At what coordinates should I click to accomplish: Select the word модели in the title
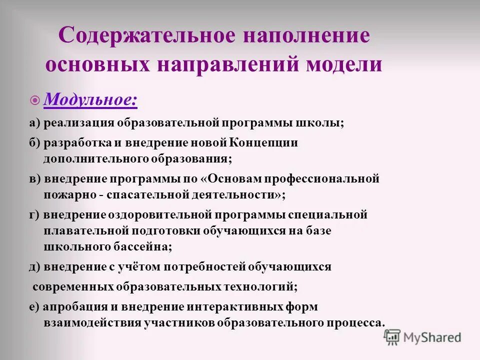[346, 65]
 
